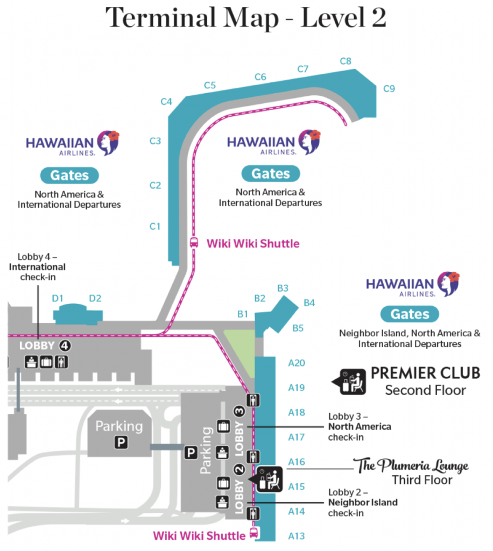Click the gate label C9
coord(389,89)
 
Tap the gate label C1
coord(155,227)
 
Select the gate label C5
coord(210,85)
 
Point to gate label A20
coord(297,363)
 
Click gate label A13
coord(297,535)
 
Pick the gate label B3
coord(283,288)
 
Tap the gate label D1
coord(58,298)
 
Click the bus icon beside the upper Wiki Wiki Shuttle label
coord(194,243)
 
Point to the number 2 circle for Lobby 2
coord(240,469)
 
